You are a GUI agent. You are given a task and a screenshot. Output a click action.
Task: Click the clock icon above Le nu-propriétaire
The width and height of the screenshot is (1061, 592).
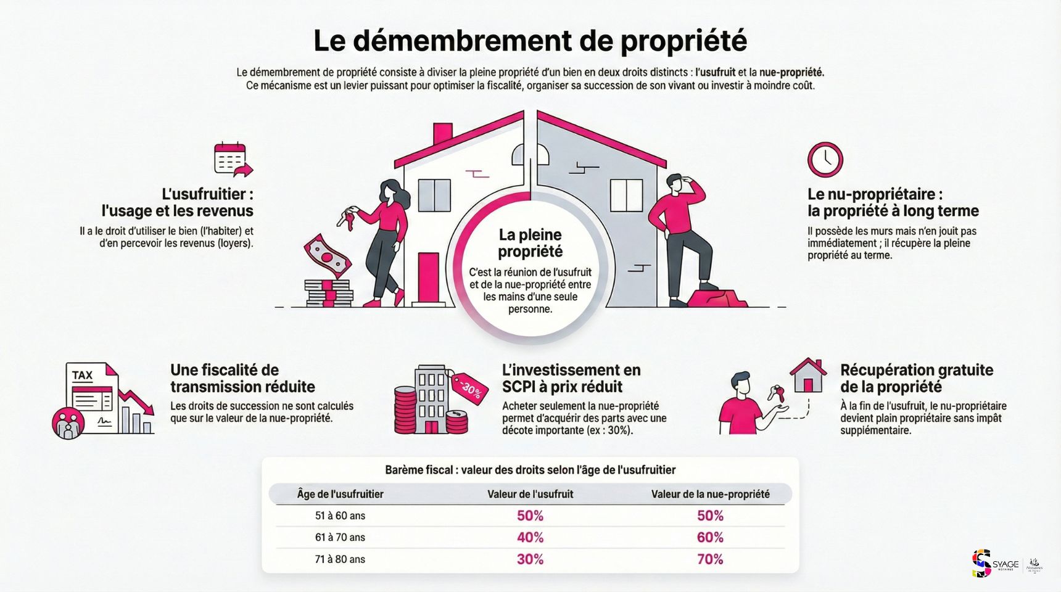point(825,160)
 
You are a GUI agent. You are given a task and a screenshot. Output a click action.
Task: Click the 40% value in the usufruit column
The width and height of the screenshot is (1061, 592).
point(530,537)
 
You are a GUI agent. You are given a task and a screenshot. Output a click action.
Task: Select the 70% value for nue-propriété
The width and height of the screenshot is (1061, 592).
point(710,559)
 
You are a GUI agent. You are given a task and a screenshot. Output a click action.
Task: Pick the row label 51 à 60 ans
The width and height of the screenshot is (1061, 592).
point(340,516)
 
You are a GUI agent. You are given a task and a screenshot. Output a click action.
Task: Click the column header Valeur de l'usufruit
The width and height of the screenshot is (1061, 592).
point(530,494)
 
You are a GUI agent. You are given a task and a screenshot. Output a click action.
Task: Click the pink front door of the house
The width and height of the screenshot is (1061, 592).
point(428,277)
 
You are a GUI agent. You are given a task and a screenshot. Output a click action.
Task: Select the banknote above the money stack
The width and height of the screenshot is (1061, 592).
point(326,255)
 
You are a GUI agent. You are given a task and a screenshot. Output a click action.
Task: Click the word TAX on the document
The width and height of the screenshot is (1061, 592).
point(82,375)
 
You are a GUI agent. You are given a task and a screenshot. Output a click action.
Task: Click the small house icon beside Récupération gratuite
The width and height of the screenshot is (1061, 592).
point(807,375)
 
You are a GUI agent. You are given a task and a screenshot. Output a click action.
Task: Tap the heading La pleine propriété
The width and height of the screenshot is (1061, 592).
point(530,243)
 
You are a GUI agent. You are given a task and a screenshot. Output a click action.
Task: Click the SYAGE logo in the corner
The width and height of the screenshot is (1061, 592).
point(994,564)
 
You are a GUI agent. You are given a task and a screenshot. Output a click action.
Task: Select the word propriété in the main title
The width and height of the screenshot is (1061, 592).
point(683,41)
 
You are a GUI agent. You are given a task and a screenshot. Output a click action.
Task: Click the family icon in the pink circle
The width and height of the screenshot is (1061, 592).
point(68,422)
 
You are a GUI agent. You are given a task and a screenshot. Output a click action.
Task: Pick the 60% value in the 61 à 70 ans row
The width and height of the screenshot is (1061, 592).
point(710,537)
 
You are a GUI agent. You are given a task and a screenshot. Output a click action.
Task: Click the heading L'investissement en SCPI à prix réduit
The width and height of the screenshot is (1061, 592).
point(571,378)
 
